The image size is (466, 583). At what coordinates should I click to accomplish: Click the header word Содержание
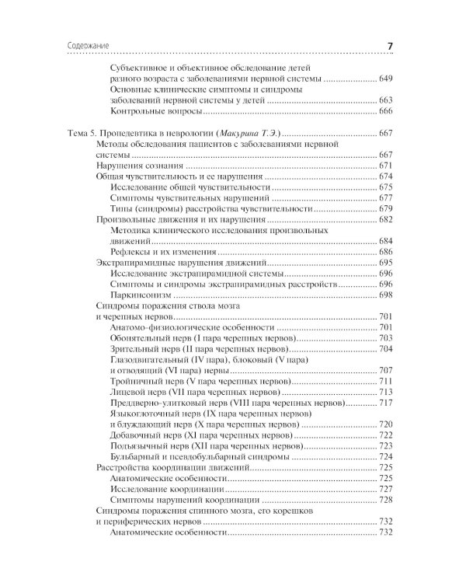[80, 47]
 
